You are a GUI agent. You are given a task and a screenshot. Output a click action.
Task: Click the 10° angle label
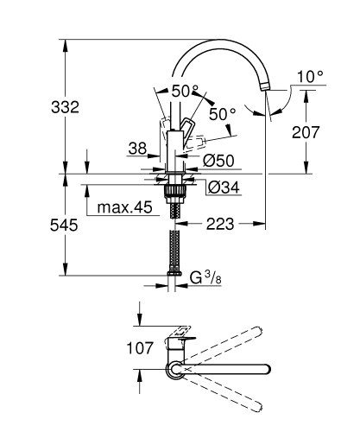pyautogui.click(x=308, y=77)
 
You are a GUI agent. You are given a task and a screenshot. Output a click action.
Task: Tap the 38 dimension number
pyautogui.click(x=137, y=149)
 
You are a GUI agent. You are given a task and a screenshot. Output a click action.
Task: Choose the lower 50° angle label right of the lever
pyautogui.click(x=221, y=113)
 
